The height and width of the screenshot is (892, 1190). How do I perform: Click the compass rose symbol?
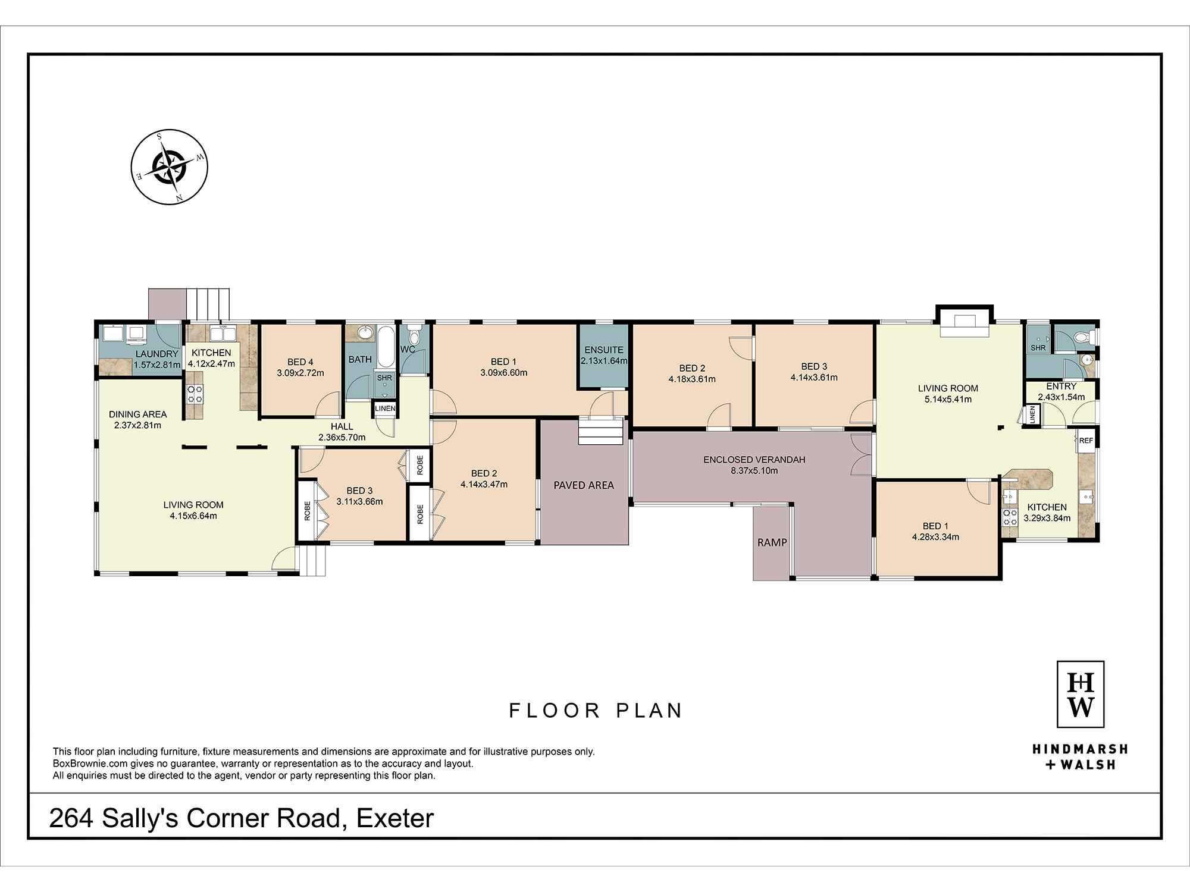(x=170, y=167)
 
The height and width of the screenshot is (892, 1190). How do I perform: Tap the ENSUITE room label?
(x=603, y=350)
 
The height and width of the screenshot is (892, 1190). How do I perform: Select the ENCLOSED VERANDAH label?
(x=754, y=460)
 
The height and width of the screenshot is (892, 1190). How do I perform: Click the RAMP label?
(x=772, y=542)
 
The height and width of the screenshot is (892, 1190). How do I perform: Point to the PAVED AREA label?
(x=583, y=485)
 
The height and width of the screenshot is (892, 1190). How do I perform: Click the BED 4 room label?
(x=300, y=362)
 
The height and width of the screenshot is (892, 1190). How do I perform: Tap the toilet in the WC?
(x=415, y=337)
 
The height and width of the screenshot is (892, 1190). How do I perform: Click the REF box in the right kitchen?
(x=1086, y=441)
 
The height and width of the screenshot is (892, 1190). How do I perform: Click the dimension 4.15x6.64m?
(x=193, y=516)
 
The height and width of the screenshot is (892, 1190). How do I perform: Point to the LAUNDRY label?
(x=156, y=354)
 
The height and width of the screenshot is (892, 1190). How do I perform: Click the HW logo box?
(x=1080, y=694)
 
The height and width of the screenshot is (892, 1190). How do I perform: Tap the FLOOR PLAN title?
(x=595, y=711)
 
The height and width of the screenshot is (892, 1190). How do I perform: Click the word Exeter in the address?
(x=395, y=819)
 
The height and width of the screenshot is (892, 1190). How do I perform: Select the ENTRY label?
(x=1061, y=386)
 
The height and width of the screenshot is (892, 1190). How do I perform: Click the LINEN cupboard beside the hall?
(x=384, y=409)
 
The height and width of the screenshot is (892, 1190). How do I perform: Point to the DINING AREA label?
(x=137, y=414)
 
